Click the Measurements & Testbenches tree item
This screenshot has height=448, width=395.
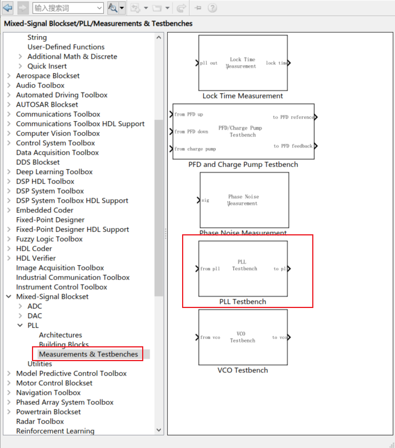(88, 354)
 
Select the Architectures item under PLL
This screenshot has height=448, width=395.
(61, 335)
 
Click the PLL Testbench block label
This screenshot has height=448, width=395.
(243, 302)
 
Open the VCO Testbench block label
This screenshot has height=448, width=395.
(243, 370)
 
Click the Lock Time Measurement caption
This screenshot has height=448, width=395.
(243, 96)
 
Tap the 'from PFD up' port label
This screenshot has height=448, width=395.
(189, 114)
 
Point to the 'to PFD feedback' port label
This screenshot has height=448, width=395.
(293, 146)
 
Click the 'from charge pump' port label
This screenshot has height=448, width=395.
(195, 149)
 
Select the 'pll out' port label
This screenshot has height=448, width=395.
(209, 63)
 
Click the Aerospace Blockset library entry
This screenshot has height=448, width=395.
(48, 75)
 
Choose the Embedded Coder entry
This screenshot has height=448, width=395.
(45, 210)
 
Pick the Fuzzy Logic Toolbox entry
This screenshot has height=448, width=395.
(49, 239)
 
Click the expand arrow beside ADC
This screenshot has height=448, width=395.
(21, 306)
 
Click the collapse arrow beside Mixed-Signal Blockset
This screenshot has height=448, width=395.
(9, 297)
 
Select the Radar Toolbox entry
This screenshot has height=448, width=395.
(40, 421)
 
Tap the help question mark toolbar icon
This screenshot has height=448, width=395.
(212, 8)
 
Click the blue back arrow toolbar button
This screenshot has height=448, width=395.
(7, 8)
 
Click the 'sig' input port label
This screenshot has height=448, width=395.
(205, 201)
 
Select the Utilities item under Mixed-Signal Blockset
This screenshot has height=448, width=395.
(40, 364)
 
